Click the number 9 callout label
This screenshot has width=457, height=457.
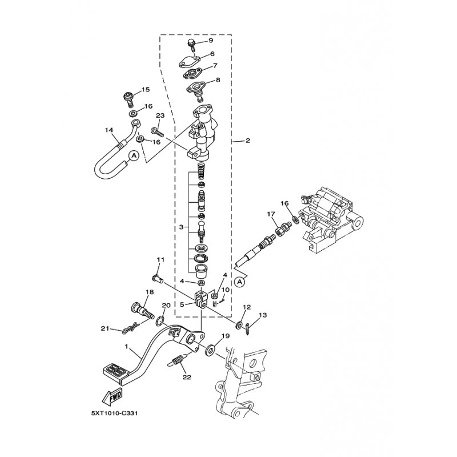coord(211,40)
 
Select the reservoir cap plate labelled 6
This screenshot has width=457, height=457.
coord(189,62)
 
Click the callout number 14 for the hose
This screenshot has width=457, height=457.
coord(109,130)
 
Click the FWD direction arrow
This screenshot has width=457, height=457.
coord(112,398)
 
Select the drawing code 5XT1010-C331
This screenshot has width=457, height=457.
coord(114,414)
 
